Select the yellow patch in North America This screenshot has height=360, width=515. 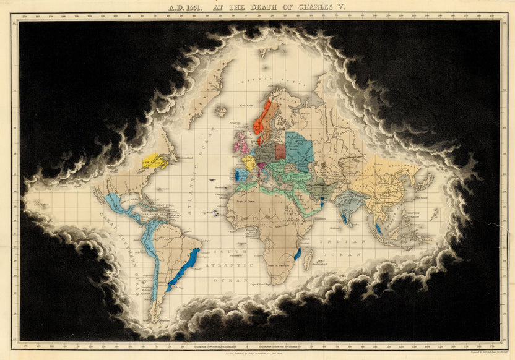[154, 163]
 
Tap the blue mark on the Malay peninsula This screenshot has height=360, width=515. [377, 228]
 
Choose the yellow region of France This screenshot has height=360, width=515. [249, 163]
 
